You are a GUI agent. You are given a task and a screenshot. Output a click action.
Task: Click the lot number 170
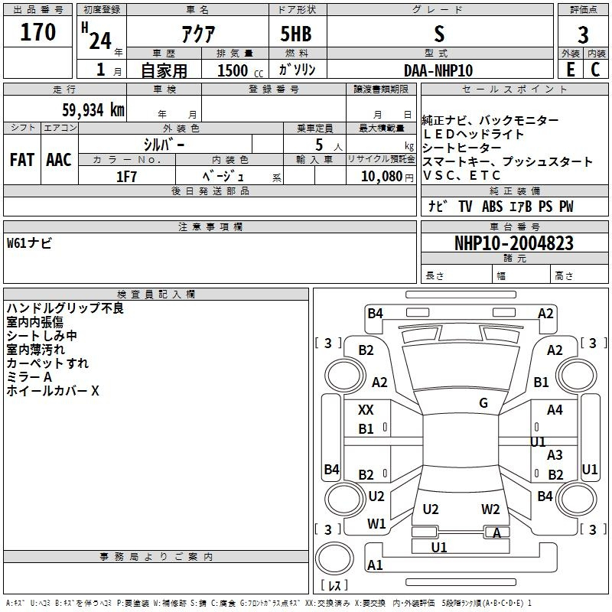tap(39, 33)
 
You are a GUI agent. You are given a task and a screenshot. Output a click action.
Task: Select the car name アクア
tap(197, 34)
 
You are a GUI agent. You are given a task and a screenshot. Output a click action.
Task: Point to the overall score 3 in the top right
tap(583, 34)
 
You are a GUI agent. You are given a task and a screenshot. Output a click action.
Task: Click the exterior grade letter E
tap(570, 69)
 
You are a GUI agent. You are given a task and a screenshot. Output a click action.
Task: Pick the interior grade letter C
tap(595, 69)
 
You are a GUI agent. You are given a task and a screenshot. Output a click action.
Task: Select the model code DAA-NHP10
tap(438, 70)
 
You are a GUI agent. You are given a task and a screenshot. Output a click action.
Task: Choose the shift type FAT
tap(22, 160)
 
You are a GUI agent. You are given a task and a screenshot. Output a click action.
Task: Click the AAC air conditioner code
tap(58, 160)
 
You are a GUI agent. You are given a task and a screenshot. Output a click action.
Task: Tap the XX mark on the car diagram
tap(366, 410)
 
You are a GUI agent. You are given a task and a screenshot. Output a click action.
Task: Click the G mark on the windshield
tap(483, 402)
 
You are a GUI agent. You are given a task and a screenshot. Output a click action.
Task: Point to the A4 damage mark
tap(555, 410)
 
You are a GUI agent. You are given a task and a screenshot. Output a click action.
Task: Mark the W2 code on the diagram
tap(490, 509)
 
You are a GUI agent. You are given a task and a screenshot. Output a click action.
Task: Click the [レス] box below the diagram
tap(334, 585)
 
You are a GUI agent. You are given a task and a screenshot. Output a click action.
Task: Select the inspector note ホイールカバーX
tap(53, 391)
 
